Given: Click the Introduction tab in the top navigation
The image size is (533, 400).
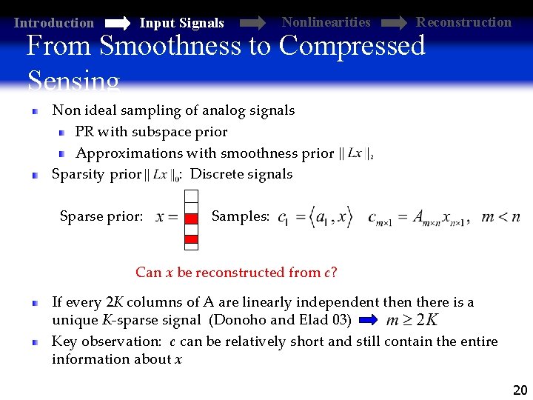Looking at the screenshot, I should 54,23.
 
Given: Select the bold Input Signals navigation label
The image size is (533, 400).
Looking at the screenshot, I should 181,23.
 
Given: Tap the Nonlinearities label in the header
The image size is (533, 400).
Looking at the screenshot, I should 326,22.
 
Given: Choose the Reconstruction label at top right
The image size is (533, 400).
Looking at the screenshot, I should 463,22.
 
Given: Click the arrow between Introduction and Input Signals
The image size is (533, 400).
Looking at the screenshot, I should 116,23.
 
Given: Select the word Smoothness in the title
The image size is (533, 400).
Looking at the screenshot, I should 171,46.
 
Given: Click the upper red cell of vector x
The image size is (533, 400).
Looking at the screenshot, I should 192,218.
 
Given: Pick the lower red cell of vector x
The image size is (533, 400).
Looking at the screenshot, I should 192,239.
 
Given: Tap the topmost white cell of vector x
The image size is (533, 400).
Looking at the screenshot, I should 192,196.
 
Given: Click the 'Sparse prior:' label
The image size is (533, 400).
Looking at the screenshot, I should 101,216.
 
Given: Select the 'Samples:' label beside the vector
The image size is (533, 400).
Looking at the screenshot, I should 241,216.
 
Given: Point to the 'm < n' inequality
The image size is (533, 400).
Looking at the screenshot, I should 500,217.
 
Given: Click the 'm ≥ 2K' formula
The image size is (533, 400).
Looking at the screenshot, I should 412,320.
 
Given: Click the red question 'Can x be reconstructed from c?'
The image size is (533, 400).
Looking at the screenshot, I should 236,272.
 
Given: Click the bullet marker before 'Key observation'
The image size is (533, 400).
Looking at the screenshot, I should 35,342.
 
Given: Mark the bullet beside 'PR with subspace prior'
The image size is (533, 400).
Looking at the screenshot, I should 62,133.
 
